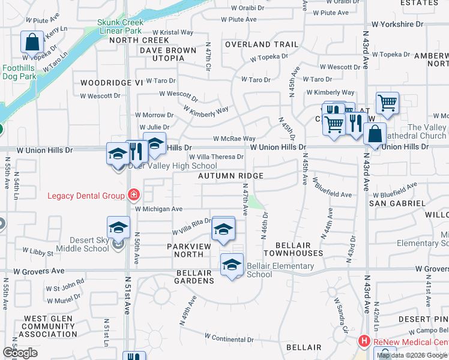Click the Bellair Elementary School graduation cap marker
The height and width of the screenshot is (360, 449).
click(x=232, y=265)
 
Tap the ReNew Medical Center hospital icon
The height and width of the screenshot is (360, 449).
click(x=363, y=341)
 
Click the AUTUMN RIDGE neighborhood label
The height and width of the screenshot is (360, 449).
click(x=231, y=176)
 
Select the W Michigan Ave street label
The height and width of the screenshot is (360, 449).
click(x=158, y=209)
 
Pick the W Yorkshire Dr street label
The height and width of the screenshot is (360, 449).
click(x=401, y=25)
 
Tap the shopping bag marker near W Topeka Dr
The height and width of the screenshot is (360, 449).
click(x=32, y=43)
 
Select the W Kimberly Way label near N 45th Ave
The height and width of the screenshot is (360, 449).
click(x=330, y=92)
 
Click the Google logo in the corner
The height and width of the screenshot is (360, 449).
click(x=19, y=353)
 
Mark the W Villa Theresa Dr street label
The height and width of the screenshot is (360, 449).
click(x=216, y=157)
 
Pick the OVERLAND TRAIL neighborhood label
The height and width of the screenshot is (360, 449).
click(x=261, y=44)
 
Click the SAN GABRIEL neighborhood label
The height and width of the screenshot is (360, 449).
click(x=393, y=203)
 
